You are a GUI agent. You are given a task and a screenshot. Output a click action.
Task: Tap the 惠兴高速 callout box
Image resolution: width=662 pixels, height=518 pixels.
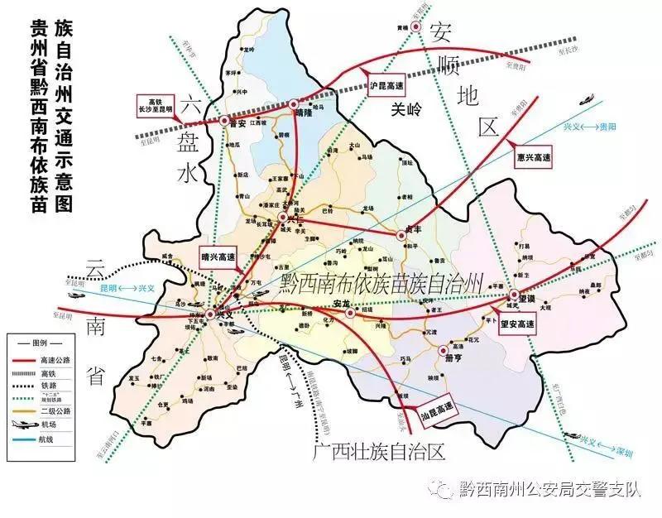[532, 156]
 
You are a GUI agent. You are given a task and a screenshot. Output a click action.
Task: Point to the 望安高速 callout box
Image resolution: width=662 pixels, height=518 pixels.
[519, 325]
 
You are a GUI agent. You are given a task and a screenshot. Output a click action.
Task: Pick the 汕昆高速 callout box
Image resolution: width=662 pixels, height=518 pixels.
[435, 408]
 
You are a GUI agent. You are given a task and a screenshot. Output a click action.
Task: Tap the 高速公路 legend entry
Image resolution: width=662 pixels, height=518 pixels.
[54, 360]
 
